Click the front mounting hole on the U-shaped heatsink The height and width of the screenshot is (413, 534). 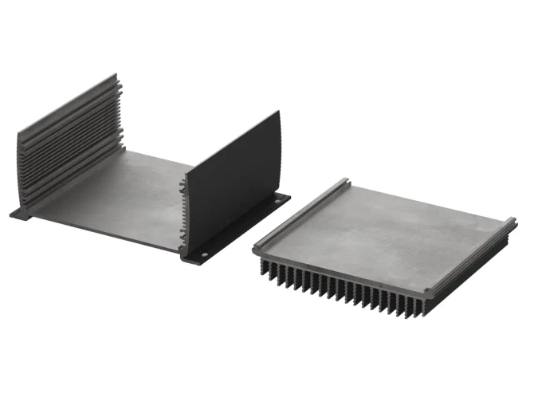pos(201,256)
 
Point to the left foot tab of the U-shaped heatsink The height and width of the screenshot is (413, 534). pos(19,213)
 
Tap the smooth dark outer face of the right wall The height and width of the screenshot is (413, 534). pos(235,179)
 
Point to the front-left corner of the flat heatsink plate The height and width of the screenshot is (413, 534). pos(257,250)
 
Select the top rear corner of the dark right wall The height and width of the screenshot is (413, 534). pos(278,112)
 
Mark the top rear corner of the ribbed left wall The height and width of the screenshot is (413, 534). pos(113,76)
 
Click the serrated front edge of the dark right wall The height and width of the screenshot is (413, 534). pos(188,211)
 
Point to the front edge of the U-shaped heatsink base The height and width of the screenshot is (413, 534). pos(104,232)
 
